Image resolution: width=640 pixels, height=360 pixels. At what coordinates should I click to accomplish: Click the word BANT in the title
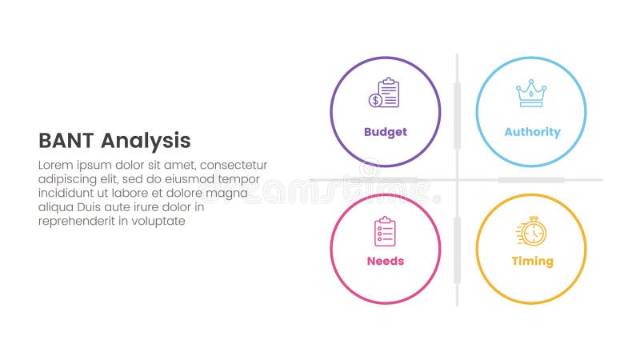pos(66,141)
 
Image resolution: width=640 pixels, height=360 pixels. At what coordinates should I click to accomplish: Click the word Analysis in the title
pos(146,142)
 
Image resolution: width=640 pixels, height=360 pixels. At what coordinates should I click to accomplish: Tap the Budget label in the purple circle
pos(385,132)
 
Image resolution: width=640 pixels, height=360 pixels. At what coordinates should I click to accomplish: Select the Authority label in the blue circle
pos(532,132)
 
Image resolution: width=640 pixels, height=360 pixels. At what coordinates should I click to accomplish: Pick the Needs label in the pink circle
pos(385,261)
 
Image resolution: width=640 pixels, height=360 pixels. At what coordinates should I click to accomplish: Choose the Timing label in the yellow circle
pos(532,261)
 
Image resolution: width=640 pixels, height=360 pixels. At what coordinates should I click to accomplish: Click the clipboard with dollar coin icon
pos(385,93)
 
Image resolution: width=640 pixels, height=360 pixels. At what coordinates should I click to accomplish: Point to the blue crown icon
pos(530,94)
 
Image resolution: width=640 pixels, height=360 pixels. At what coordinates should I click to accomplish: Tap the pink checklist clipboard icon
pos(385,231)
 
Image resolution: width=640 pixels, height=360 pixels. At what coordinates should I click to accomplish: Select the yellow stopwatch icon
pos(531,232)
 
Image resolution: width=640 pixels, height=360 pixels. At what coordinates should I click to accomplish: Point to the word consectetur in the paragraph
pos(232,165)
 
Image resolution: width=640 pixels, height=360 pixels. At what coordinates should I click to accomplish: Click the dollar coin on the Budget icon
pos(374,100)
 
